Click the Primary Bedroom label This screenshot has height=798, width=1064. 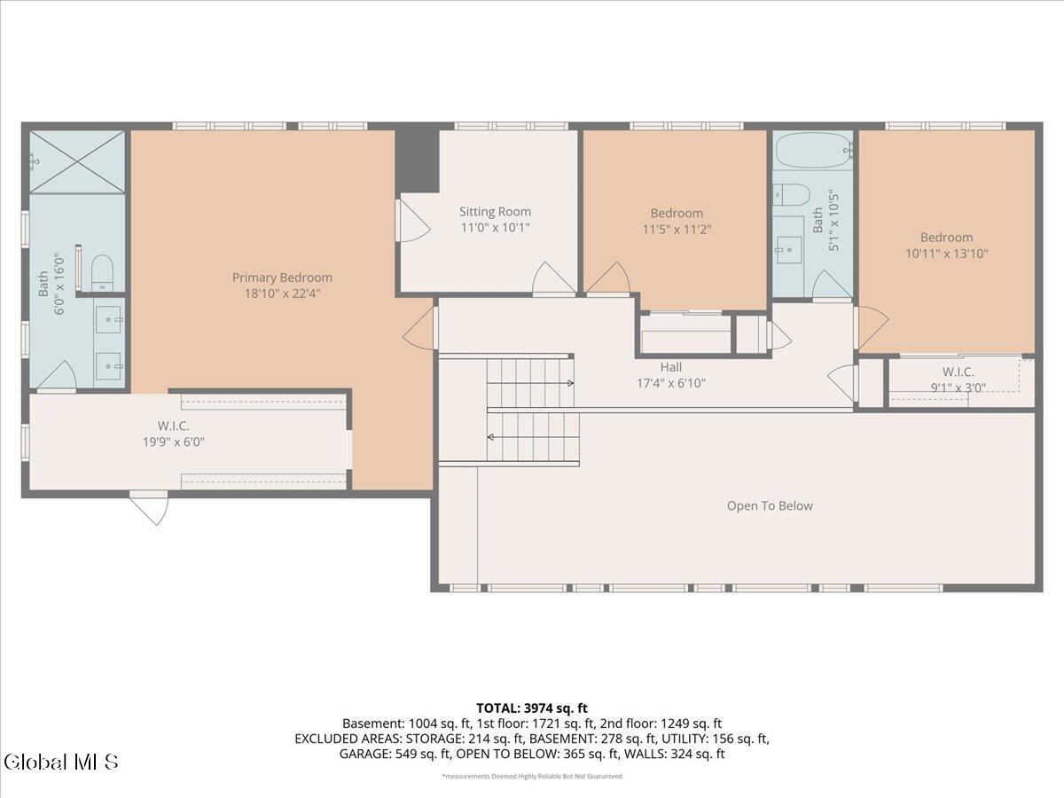click(282, 278)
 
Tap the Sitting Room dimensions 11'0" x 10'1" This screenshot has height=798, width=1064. click(495, 228)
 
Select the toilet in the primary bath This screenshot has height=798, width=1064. click(102, 270)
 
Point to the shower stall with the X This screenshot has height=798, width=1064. click(77, 161)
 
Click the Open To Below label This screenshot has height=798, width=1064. click(770, 506)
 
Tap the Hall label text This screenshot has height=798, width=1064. click(671, 367)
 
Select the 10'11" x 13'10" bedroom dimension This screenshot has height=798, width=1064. click(946, 254)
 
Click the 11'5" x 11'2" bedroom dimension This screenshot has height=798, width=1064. click(677, 230)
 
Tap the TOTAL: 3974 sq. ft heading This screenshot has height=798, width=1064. click(532, 708)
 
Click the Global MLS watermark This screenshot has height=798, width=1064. click(60, 762)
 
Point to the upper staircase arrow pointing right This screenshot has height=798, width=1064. click(567, 383)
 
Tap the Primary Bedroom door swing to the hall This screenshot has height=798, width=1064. click(420, 328)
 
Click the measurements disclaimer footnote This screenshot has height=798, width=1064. click(532, 777)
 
